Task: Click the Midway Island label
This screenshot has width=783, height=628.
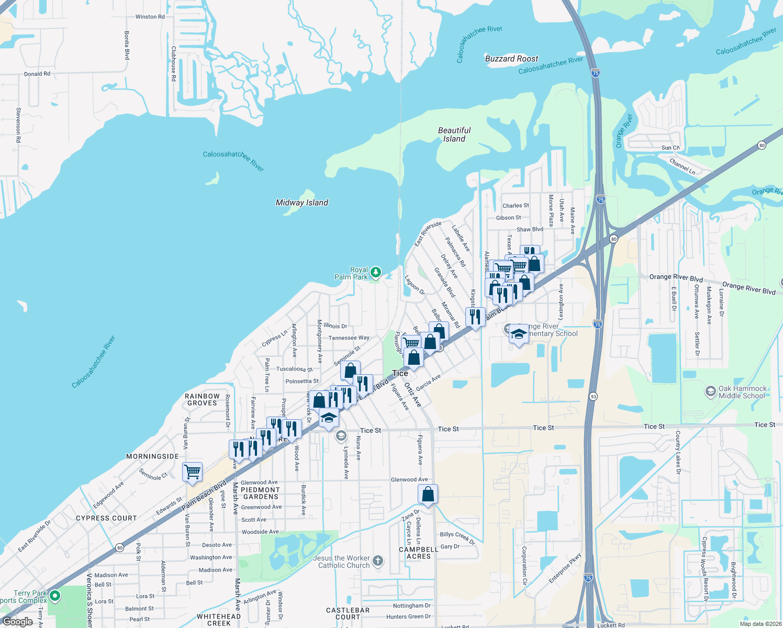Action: point(302,203)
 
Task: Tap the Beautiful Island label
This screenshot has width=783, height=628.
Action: point(454,134)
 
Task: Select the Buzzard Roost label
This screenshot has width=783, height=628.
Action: point(511,59)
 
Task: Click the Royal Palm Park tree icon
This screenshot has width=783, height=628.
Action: point(375,272)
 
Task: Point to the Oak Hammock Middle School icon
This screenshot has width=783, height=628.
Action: point(710,391)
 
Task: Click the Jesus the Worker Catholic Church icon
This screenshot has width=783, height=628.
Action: point(378,561)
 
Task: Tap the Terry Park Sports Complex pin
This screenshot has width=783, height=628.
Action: point(55,596)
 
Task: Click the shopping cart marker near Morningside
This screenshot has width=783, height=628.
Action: point(192,471)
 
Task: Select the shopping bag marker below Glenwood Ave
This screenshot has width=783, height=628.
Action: point(428,494)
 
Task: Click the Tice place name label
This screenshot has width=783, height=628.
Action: point(400,373)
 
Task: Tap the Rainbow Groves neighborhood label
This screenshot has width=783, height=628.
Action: point(202,399)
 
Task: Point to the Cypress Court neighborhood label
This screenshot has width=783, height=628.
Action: point(106,518)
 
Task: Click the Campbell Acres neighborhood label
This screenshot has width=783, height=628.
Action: point(419,553)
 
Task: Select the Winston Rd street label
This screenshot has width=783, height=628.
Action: point(150,17)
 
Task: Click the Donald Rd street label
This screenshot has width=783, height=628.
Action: point(37,74)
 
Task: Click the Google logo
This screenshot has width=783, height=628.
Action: point(18,622)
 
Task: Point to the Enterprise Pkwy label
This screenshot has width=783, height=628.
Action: point(565,568)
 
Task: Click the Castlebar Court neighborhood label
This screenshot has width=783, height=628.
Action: point(348,613)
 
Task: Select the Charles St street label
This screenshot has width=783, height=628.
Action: point(516,206)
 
